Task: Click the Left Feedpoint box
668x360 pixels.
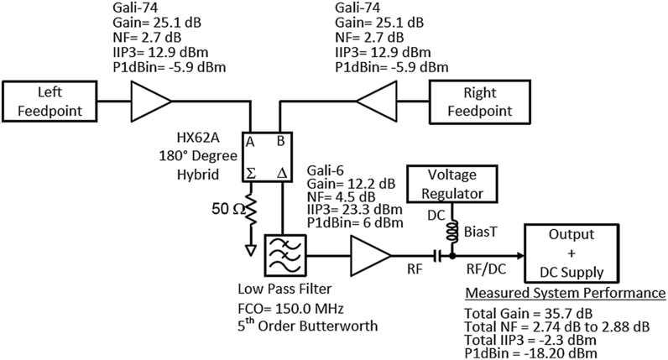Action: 53,100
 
